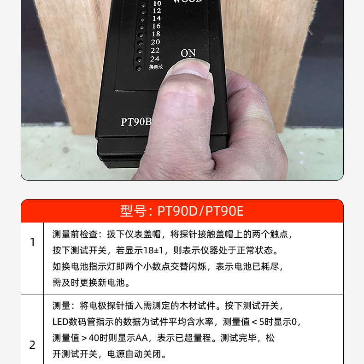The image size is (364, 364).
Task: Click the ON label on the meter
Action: [188, 53]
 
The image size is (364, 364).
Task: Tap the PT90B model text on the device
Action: [136, 122]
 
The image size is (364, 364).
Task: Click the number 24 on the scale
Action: [155, 59]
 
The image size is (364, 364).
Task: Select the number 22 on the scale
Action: [155, 50]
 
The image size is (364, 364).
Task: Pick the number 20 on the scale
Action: [155, 42]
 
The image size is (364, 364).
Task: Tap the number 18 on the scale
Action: [156, 34]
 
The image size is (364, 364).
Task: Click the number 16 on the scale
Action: [156, 26]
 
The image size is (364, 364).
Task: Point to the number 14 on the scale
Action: [157, 18]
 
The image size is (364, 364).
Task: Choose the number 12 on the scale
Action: [157, 11]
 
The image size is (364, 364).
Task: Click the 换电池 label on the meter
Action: [156, 67]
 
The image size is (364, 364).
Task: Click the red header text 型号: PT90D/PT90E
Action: [182, 211]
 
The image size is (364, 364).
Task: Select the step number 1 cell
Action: [32, 242]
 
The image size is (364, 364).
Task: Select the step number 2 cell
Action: [32, 345]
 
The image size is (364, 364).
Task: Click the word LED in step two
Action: [60, 322]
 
